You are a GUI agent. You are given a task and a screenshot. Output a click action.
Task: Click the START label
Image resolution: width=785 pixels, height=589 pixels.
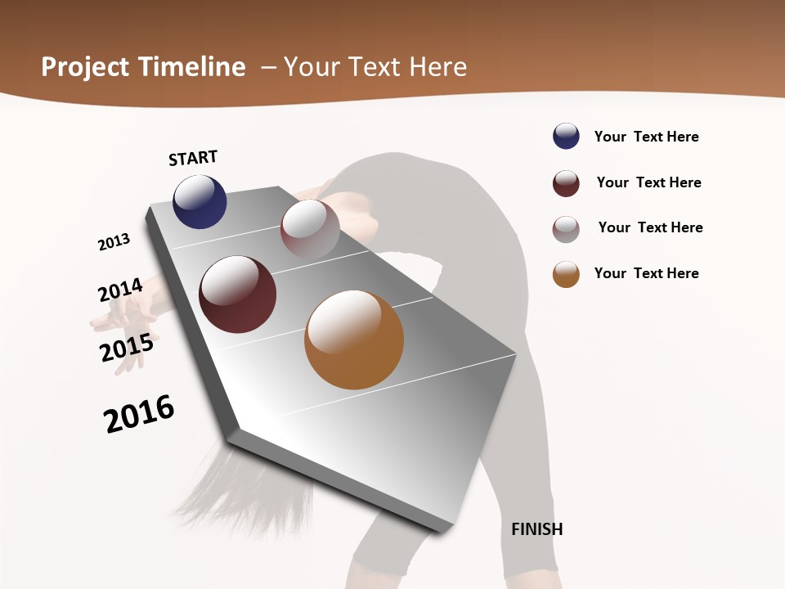[193, 158]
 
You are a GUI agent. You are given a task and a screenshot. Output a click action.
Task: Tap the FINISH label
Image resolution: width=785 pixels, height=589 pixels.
[536, 529]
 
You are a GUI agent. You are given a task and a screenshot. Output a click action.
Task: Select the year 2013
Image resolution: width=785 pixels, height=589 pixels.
[114, 242]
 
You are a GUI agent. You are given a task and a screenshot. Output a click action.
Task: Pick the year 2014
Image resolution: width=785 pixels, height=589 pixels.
[120, 290]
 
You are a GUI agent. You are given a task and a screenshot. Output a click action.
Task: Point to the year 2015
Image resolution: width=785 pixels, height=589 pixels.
[127, 348]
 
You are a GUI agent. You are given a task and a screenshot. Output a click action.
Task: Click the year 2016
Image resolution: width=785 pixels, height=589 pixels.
[139, 414]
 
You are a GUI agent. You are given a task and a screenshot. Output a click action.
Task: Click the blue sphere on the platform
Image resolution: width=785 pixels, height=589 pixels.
[200, 202]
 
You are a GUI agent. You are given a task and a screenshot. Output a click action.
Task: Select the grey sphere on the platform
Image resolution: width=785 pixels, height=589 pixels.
[310, 229]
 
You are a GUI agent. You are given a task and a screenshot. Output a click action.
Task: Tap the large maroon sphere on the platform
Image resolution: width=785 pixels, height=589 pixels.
[237, 294]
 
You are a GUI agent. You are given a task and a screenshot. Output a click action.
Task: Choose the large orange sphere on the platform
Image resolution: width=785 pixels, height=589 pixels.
[354, 339]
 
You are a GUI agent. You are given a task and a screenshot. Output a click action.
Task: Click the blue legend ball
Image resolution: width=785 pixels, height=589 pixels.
[566, 137]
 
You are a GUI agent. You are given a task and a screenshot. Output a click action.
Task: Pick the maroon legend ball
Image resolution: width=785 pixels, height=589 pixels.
[566, 183]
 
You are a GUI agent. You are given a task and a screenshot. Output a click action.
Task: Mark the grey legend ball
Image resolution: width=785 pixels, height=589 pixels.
[566, 229]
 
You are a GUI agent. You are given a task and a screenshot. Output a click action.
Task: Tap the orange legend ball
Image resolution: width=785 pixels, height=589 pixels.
[566, 275]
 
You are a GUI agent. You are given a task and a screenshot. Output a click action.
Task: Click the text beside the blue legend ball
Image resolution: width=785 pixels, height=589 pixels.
[646, 137]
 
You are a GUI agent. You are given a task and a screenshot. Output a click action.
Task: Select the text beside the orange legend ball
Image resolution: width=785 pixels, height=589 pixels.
[646, 273]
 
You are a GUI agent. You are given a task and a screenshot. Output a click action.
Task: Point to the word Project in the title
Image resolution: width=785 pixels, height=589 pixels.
[86, 67]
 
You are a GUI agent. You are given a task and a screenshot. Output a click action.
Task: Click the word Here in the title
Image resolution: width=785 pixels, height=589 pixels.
[437, 67]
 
